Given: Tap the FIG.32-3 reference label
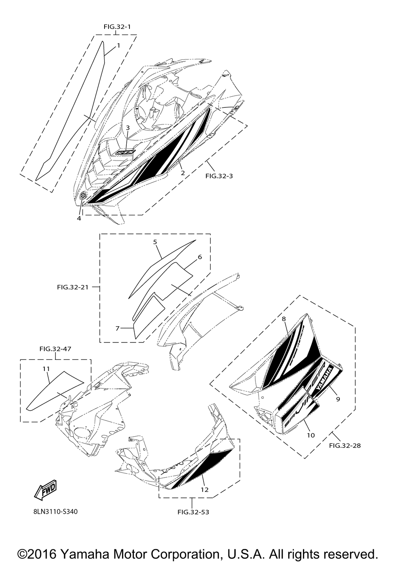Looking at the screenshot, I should tap(219, 176).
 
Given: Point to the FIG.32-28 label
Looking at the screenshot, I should tap(345, 445).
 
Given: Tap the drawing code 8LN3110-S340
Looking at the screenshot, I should tap(55, 512).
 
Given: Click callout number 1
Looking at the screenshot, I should tap(118, 46).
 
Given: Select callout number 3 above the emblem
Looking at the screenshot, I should tap(128, 128).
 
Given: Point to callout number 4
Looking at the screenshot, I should tap(79, 218).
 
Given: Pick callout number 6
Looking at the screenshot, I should tap(200, 257).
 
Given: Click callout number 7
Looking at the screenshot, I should tap(117, 328).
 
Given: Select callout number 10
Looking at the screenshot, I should tap(311, 435).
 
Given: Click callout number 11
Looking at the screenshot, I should tap(46, 369).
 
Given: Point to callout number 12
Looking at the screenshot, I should tap(204, 489).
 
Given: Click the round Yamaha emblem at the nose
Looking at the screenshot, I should tap(84, 195).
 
